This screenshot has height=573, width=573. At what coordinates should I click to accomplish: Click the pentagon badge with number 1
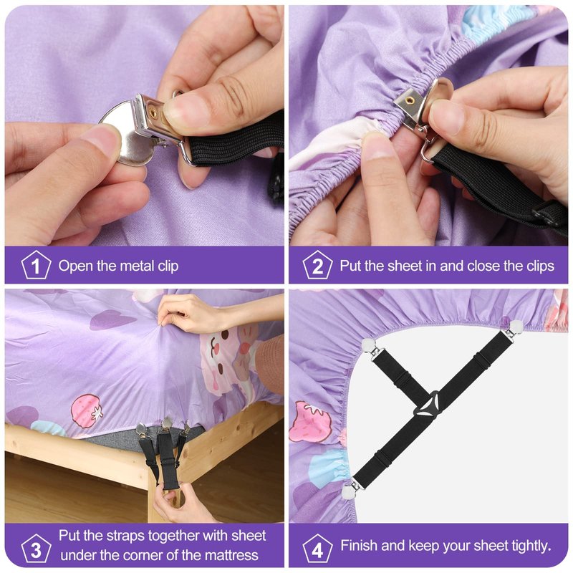coord(36,265)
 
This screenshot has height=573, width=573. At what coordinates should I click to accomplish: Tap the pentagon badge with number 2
coord(317,265)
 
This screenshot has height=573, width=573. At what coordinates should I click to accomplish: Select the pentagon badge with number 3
coord(36,548)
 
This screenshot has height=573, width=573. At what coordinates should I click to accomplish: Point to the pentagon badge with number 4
coord(317,548)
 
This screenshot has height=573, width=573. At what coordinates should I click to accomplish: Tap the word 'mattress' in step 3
coord(231,556)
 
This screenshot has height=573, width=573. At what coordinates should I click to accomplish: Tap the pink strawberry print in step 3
coord(86,410)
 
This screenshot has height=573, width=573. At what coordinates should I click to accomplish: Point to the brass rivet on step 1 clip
coord(153,113)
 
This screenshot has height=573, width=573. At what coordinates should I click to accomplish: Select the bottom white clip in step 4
coord(352,490)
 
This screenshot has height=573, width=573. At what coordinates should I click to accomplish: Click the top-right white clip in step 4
coord(515,327)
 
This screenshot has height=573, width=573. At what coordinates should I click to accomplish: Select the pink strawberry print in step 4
coord(310,422)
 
